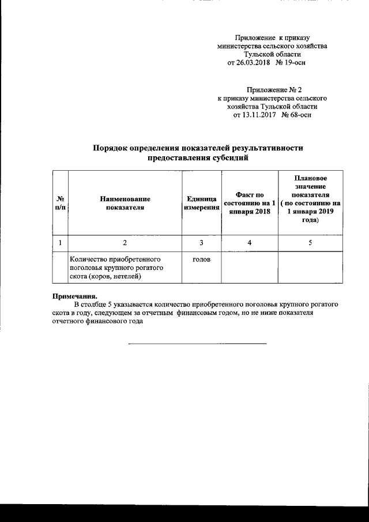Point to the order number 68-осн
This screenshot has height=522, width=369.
pyautogui.click(x=298, y=115)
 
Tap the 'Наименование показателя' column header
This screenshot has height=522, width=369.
pyautogui.click(x=125, y=203)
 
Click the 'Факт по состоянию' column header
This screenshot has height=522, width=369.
pyautogui.click(x=250, y=203)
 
